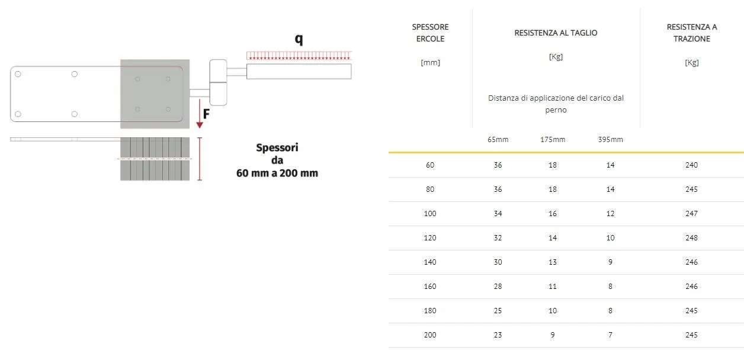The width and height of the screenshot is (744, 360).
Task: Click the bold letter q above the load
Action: click(x=299, y=40)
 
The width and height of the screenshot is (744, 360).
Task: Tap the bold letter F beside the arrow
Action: click(x=206, y=114)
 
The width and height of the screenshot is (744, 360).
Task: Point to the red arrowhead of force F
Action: click(x=200, y=125)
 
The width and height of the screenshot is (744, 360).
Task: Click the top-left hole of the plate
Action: click(x=18, y=74)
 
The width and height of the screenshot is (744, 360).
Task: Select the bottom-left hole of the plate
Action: click(x=18, y=114)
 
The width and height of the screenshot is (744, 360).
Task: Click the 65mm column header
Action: click(x=498, y=140)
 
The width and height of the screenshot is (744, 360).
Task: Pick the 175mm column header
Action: click(x=553, y=140)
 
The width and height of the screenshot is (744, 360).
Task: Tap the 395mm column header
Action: click(x=611, y=140)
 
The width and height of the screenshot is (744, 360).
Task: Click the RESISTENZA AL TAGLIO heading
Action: click(x=556, y=33)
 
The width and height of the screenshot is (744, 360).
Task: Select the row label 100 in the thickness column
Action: click(x=430, y=214)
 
